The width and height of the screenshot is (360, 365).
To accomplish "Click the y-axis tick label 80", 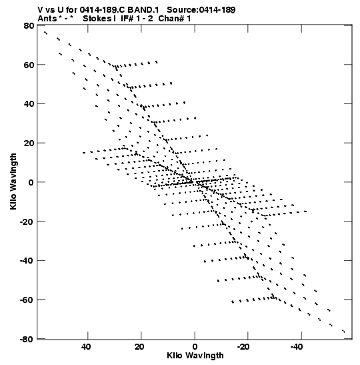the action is (x=29, y=25).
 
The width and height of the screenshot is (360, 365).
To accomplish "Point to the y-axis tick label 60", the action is (x=29, y=65).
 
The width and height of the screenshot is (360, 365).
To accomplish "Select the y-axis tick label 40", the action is (x=29, y=104).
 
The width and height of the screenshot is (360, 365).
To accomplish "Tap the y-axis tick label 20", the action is (x=29, y=143).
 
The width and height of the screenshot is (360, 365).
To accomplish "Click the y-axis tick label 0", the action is (x=31, y=182).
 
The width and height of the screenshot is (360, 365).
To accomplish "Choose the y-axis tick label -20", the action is (x=27, y=222).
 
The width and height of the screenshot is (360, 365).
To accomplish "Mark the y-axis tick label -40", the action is (x=27, y=260).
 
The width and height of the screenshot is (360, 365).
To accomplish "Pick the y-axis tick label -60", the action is (x=27, y=300).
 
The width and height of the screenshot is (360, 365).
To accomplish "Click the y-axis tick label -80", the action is (x=27, y=339).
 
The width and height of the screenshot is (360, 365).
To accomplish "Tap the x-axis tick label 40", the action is (x=86, y=347).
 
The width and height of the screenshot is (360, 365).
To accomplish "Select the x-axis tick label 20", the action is (x=139, y=347).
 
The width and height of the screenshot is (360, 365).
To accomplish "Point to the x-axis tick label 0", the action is (x=195, y=347).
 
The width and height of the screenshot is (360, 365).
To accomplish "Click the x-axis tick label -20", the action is (x=244, y=347).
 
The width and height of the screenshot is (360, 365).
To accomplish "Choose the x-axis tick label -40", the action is (x=297, y=347).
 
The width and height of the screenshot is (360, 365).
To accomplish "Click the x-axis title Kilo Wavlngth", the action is (x=195, y=356).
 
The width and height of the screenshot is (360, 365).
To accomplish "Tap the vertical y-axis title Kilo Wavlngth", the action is (x=13, y=181).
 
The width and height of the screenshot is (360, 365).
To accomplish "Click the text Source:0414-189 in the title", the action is (x=201, y=10).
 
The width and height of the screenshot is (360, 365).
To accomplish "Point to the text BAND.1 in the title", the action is (x=143, y=10).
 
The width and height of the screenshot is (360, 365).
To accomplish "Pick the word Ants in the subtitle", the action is (x=47, y=19).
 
